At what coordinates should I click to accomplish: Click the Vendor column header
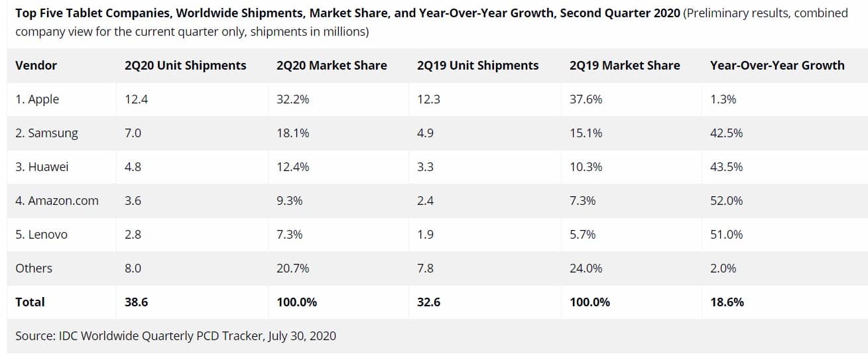coord(36,66)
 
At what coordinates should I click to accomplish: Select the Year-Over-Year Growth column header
coord(777,66)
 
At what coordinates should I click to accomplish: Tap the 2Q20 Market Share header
coord(332,66)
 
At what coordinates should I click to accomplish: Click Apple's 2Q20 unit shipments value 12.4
coord(135,99)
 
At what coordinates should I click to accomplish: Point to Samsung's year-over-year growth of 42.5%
coord(726,133)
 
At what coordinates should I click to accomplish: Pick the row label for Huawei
coord(42,167)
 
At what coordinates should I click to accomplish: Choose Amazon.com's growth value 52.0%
coord(726,201)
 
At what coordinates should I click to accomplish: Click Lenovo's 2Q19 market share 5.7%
coord(582,235)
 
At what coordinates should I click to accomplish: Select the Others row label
coord(34,269)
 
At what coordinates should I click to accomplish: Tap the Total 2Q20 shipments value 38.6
coord(136,302)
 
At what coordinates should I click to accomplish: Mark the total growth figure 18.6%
coord(727,302)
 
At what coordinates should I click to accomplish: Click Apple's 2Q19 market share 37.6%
coord(586,99)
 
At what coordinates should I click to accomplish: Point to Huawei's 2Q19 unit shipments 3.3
coord(425,167)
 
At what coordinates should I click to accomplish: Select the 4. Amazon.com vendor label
coord(57,201)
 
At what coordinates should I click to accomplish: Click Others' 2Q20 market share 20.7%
coord(292,269)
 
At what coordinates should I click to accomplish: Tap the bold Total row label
coord(30,302)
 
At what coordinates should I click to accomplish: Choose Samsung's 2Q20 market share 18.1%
coord(292,133)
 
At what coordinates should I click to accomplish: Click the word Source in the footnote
coord(34,336)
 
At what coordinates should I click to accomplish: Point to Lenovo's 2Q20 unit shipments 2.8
coord(133,235)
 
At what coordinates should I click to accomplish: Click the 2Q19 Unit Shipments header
coord(477,66)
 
